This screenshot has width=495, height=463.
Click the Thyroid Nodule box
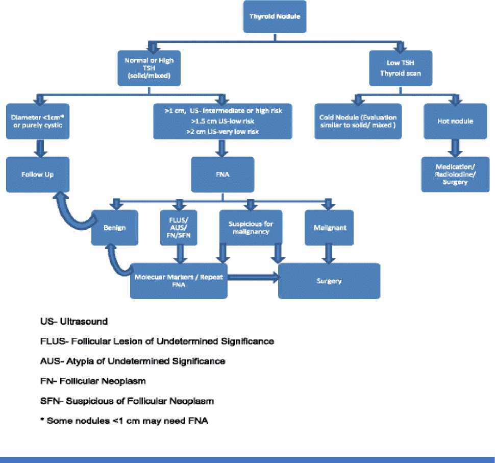point(275,16)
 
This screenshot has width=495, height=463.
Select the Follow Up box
point(37,175)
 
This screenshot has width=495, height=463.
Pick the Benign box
point(115,227)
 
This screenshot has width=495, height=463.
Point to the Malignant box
point(327,227)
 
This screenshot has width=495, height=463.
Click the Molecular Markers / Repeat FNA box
point(178,281)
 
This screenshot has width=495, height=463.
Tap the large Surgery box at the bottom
point(329,281)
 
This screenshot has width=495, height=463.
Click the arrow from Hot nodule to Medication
point(451,148)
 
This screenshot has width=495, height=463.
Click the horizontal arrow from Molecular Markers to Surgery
point(253,277)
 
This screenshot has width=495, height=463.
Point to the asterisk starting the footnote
point(42,420)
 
